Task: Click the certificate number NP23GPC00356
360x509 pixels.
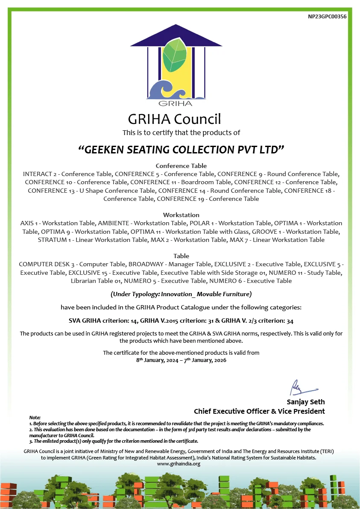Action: [327, 17]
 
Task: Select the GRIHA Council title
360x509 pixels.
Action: [174, 118]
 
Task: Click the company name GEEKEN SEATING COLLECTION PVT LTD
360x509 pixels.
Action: [181, 150]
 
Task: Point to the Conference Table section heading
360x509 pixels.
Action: [181, 166]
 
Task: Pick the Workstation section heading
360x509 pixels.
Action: [181, 215]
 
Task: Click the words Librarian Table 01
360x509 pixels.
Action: [97, 281]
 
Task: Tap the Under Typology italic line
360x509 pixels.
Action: [181, 294]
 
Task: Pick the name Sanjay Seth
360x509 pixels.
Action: [305, 402]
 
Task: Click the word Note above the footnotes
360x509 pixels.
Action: [35, 418]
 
